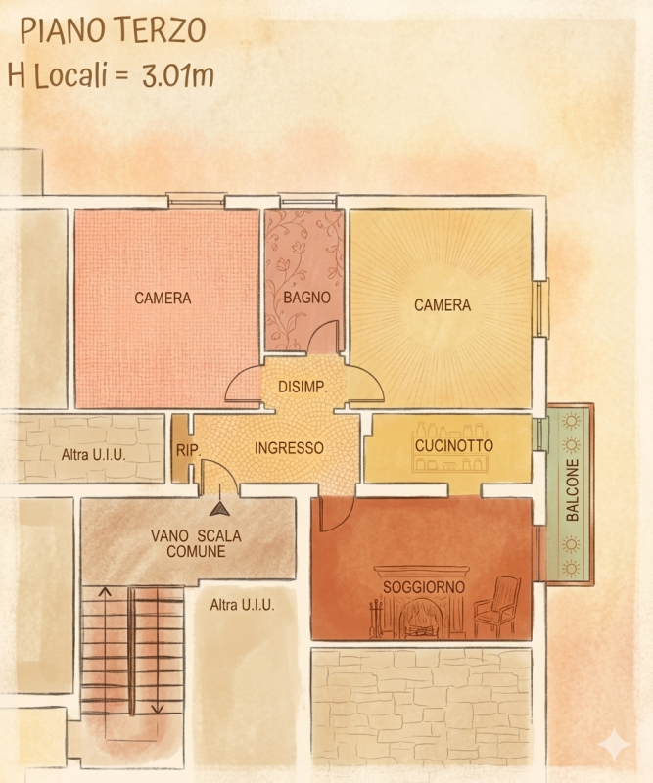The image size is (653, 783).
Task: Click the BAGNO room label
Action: coord(306,298)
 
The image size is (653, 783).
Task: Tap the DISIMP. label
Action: coord(303,387)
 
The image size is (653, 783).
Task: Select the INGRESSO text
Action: coord(289,448)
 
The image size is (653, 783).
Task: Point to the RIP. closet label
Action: coord(188,450)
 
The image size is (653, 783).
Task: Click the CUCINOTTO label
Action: coord(453,445)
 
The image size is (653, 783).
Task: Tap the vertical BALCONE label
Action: coord(572,490)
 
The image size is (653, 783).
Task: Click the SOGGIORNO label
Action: coord(424,587)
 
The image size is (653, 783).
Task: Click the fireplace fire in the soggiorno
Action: coord(419,619)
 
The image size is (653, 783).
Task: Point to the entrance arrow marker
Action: coord(219,509)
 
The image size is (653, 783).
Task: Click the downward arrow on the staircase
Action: coord(158,650)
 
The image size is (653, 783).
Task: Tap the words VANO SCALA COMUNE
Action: coord(196,544)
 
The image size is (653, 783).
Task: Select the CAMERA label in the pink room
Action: coord(163,299)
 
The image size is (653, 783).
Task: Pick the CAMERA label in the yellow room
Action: coord(443,305)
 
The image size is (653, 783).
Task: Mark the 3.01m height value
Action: coord(178,75)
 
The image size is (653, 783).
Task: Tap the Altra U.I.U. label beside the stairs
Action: coord(242,605)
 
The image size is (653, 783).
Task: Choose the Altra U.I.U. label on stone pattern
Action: coord(93,455)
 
